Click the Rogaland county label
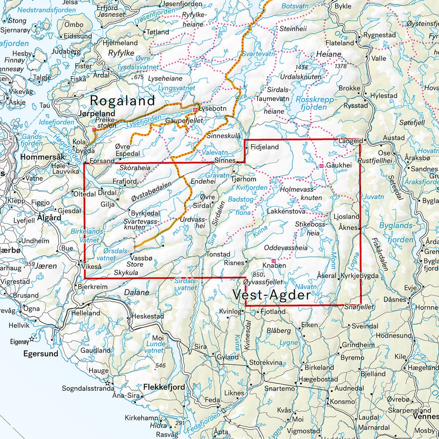123,101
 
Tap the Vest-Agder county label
271,294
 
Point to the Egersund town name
41,354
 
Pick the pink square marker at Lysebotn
195,109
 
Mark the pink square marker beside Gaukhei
322,166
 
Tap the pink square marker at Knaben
273,260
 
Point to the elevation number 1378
340,66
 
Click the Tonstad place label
218,254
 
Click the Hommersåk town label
43,157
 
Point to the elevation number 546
160,365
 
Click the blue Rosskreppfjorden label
311,103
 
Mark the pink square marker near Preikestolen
94,130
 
